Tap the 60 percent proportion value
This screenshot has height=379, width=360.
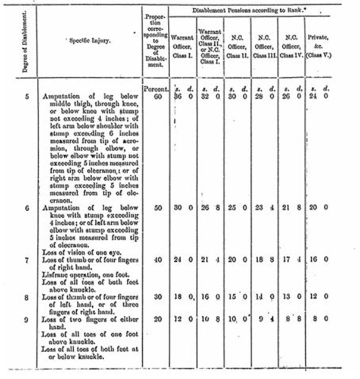click(x=156, y=96)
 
